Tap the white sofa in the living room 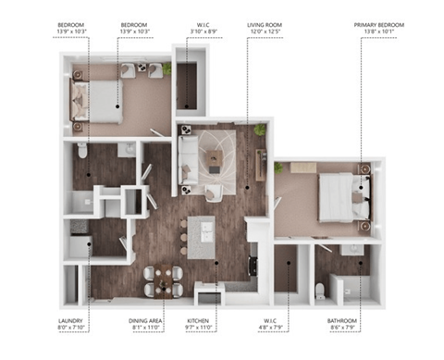click(x=189, y=163)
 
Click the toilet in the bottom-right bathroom click(x=319, y=292)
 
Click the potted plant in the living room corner click(x=260, y=130)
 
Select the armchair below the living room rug click(x=216, y=192)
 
